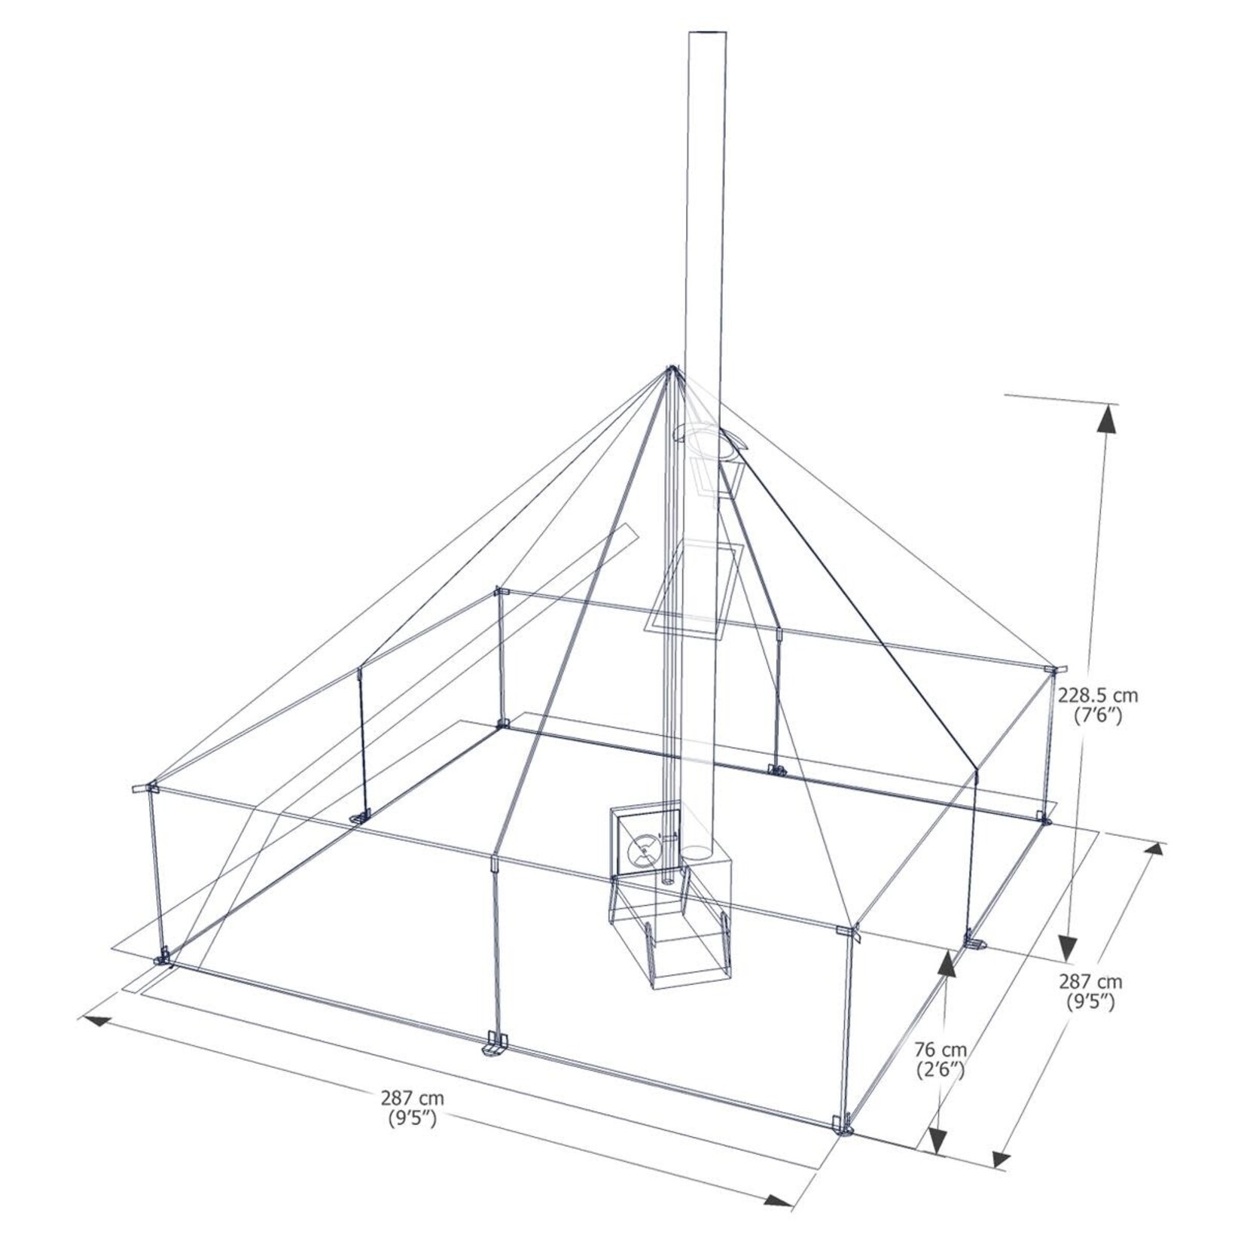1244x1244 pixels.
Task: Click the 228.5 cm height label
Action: click(x=1098, y=696)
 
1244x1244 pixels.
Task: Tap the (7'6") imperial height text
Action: click(x=1099, y=716)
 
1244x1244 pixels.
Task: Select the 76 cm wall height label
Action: click(x=941, y=1049)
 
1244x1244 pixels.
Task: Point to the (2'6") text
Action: click(x=941, y=1069)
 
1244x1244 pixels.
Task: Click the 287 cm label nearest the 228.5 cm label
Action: click(x=1090, y=982)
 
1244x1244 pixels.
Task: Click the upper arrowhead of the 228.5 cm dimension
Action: click(x=1106, y=419)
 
